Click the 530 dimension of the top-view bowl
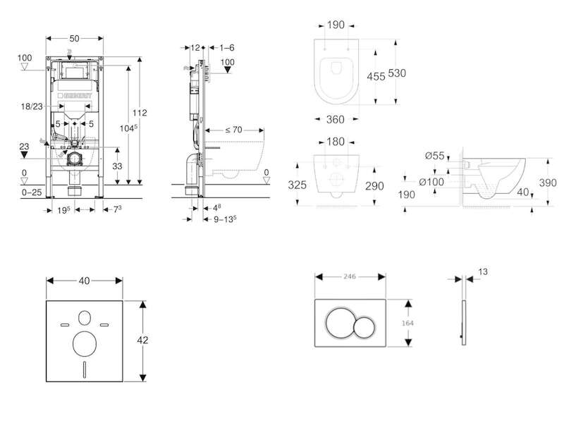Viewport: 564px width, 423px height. click(x=397, y=73)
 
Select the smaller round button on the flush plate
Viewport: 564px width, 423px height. click(x=364, y=327)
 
